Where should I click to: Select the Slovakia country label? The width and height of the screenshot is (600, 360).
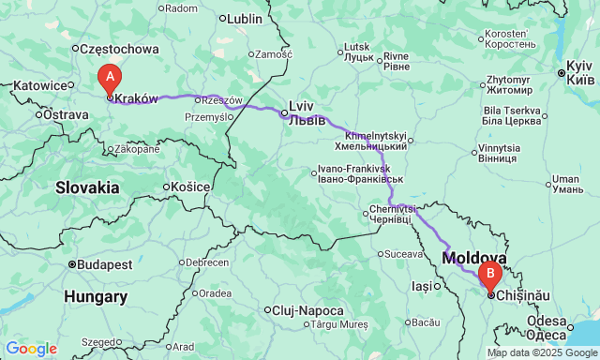[x=87, y=187]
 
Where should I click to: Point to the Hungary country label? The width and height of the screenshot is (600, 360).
[x=96, y=296]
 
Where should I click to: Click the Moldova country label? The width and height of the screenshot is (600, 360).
[x=475, y=257]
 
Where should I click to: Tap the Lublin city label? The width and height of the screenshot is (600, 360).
[x=244, y=18]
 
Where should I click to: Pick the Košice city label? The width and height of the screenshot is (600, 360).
[x=190, y=187]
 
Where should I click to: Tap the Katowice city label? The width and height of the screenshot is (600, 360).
[x=40, y=85]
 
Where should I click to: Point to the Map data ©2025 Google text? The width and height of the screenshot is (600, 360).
[x=540, y=352]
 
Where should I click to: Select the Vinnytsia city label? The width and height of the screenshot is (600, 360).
[x=499, y=153]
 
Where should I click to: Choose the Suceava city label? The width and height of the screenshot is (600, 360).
[x=404, y=253]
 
